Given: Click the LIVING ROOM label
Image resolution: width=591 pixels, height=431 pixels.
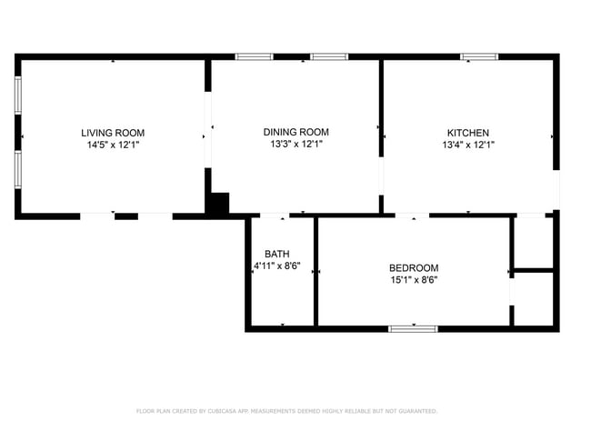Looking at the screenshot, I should pyautogui.click(x=113, y=133).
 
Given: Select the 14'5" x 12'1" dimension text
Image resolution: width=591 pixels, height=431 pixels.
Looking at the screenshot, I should pyautogui.click(x=113, y=145).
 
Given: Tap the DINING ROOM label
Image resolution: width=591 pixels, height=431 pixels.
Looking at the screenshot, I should pyautogui.click(x=296, y=132).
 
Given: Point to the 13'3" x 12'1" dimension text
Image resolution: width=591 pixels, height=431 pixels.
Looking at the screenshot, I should pyautogui.click(x=296, y=144).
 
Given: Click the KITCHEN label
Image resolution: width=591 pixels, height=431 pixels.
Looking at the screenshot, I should pyautogui.click(x=467, y=133).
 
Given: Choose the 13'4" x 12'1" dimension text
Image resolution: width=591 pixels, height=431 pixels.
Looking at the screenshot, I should pyautogui.click(x=467, y=145).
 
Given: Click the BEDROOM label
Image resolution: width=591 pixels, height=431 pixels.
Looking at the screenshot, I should pyautogui.click(x=414, y=267).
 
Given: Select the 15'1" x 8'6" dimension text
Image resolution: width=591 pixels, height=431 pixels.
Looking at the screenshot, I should pyautogui.click(x=414, y=280).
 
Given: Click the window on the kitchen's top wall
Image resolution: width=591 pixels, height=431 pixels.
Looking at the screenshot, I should pyautogui.click(x=478, y=57).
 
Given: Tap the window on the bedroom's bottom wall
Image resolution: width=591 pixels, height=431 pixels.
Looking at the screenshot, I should pyautogui.click(x=413, y=328).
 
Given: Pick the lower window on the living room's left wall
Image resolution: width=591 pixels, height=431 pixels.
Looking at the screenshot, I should pyautogui.click(x=18, y=168).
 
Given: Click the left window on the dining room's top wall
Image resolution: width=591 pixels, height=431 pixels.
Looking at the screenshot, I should pyautogui.click(x=254, y=57).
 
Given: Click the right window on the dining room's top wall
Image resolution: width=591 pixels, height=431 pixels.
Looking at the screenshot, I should pyautogui.click(x=328, y=57).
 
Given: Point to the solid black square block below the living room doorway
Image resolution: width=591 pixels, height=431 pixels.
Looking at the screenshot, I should pyautogui.click(x=217, y=205).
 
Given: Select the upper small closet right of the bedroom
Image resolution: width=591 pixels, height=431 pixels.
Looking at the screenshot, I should pyautogui.click(x=534, y=242).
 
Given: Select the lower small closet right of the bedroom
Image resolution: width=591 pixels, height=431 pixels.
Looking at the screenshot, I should pyautogui.click(x=534, y=298).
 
